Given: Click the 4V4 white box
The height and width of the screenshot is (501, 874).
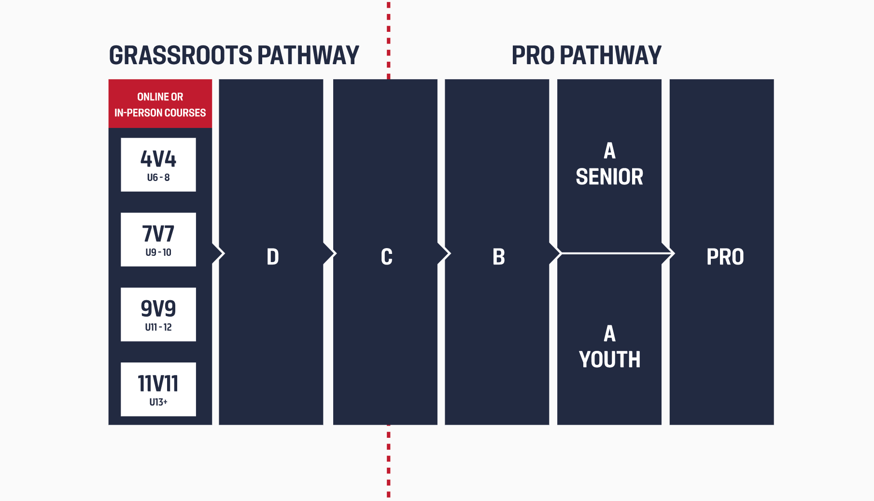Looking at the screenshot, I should click(x=158, y=164).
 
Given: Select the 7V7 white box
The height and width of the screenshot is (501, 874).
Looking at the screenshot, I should click(x=158, y=239).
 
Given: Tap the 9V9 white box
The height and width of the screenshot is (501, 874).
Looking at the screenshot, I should click(x=158, y=314).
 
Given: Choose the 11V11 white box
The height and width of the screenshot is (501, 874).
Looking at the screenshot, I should click(x=158, y=389).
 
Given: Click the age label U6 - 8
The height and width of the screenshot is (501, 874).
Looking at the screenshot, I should click(x=158, y=178).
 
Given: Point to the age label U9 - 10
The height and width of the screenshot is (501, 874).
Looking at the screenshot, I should click(x=158, y=252).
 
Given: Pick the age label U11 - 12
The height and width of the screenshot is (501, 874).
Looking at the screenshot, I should click(x=158, y=327).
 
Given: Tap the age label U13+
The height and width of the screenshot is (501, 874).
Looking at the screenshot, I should click(x=158, y=402).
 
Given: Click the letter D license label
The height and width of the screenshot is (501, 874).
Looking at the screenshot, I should click(x=273, y=257).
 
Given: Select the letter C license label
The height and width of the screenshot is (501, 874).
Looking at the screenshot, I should click(x=386, y=257).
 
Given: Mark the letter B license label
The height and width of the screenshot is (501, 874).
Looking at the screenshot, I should click(x=499, y=257).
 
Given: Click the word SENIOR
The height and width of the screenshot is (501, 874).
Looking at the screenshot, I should click(x=609, y=177).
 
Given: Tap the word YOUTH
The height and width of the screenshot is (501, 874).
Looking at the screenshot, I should click(x=609, y=360).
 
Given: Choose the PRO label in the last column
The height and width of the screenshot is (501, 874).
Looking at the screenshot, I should click(x=725, y=257).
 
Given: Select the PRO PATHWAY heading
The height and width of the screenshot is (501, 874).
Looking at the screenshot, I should click(x=586, y=56).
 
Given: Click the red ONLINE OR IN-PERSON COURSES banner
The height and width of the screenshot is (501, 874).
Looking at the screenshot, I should click(x=160, y=104).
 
